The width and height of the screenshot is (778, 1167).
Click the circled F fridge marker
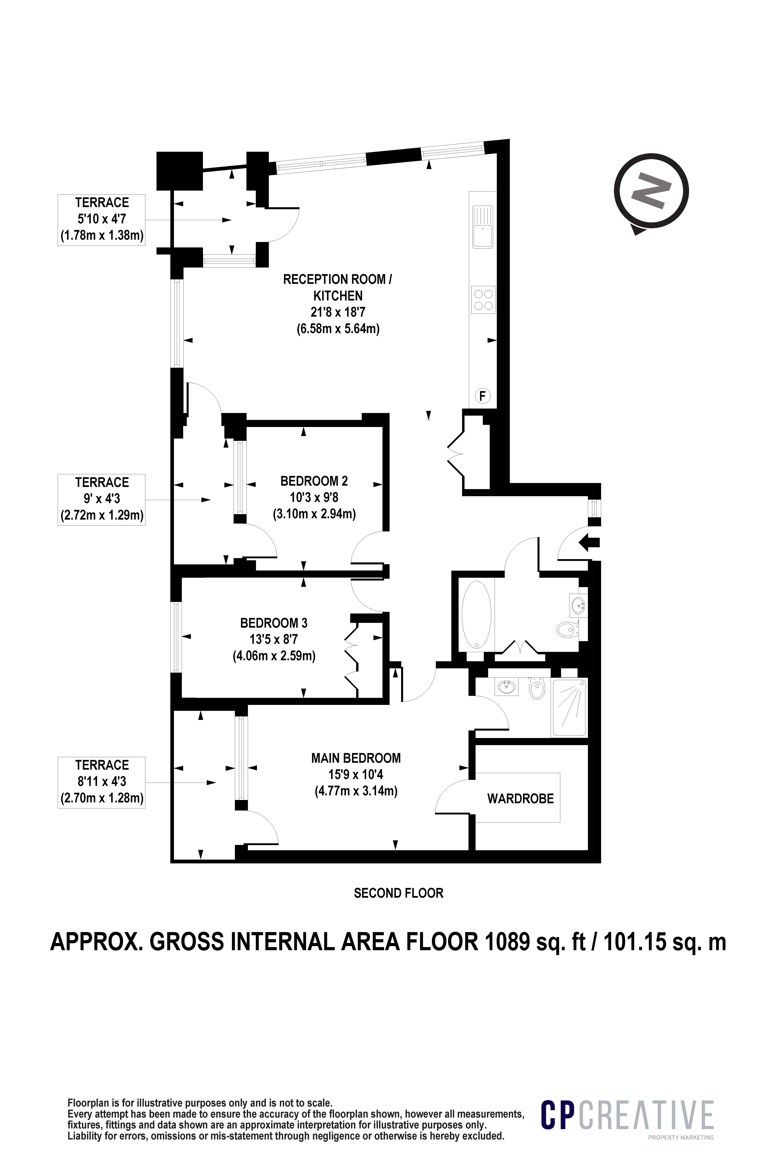[x=482, y=396]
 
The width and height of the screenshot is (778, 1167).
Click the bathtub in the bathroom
[x=476, y=614]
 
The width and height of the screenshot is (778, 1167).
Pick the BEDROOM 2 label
[x=314, y=480]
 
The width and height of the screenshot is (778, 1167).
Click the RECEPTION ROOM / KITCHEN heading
[x=338, y=287]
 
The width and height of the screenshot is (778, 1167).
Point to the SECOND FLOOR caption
[x=398, y=893]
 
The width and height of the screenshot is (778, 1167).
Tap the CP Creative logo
[x=627, y=1115]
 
